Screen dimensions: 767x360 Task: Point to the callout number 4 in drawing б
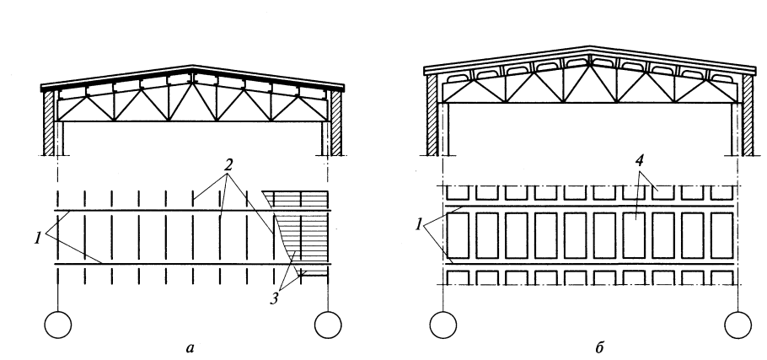[x=639, y=163]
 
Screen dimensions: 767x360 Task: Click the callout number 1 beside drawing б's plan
[x=419, y=225]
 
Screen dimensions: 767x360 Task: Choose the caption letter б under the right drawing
[x=600, y=347]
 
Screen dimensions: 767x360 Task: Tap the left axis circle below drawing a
[x=57, y=325]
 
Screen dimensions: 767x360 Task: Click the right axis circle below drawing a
[x=328, y=325]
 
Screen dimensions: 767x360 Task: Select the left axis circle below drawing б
[x=443, y=325]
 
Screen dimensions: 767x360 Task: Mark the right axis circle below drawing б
[x=737, y=325]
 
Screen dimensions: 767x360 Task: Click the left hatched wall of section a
[x=48, y=123]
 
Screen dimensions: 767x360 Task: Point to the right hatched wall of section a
[x=336, y=123]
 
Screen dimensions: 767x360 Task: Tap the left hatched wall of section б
[x=432, y=115]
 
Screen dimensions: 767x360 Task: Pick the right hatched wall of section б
[x=748, y=115]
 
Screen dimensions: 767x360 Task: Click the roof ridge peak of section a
[x=193, y=66]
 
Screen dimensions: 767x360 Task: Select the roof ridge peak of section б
[x=590, y=47]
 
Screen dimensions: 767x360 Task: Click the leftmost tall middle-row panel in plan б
[x=459, y=235]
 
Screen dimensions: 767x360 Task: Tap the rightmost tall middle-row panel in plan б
[x=722, y=235]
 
